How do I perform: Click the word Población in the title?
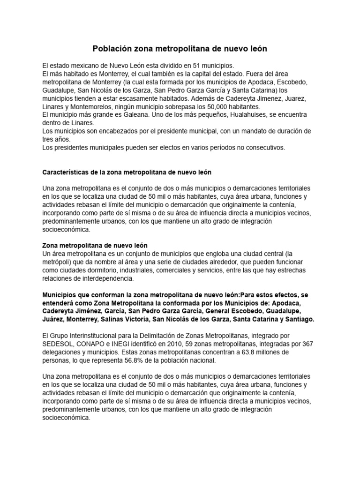tap(113, 49)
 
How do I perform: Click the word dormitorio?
tap(109, 270)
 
